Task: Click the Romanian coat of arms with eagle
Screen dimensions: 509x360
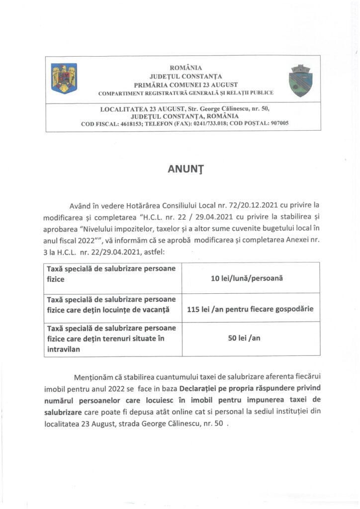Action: [x=64, y=78]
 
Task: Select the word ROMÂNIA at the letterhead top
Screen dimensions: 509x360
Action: [x=186, y=67]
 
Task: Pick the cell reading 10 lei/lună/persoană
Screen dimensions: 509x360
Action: [x=247, y=278]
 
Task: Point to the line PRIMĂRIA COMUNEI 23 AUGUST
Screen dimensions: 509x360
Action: [x=186, y=84]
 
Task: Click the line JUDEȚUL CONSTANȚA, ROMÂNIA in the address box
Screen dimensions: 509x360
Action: [x=186, y=116]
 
